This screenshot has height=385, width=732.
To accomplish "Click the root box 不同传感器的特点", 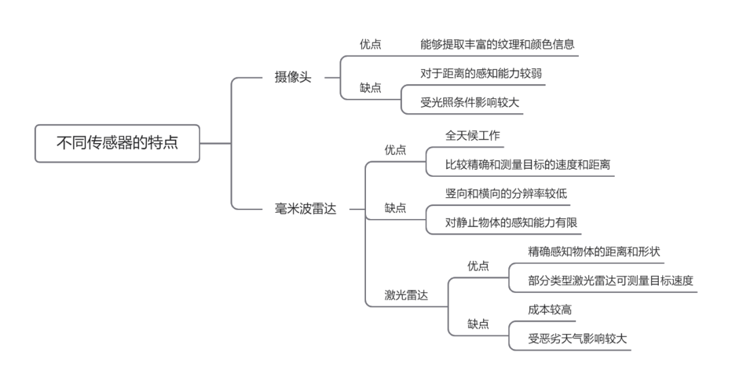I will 117,143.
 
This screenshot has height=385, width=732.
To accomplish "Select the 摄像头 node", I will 293,77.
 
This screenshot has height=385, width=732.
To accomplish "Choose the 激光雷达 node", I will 406,295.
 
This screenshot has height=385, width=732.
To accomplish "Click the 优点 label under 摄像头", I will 370,45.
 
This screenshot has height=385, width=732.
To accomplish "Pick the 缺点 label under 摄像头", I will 370,87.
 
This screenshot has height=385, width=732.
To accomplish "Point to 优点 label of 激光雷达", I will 478,266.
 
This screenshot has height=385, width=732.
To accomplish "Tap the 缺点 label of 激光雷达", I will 478,324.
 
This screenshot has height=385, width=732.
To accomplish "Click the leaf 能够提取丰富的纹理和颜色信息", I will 497,45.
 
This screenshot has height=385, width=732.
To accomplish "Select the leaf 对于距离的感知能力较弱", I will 481,73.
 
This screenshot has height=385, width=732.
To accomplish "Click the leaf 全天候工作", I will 472,135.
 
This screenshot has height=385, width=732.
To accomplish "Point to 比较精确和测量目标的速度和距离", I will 527,164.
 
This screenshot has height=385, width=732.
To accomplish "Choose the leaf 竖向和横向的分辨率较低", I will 506,193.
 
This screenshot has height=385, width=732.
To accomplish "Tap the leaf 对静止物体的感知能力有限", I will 510,222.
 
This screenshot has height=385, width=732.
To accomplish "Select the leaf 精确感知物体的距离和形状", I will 594,251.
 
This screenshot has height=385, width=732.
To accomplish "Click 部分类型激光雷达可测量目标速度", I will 611,281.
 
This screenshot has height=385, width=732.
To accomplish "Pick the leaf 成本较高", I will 549,310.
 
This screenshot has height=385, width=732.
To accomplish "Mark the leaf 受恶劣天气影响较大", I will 577,339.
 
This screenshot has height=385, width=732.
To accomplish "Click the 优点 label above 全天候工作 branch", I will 395,150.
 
